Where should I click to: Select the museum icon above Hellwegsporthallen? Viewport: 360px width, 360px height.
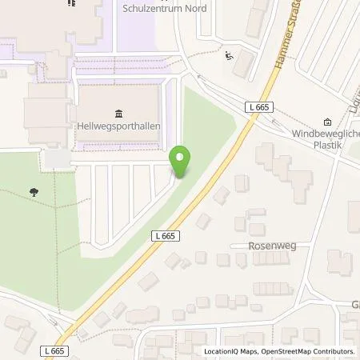tap(118, 112)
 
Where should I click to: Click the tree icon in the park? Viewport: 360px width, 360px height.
tap(34, 192)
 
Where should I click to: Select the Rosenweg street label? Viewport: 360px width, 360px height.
tap(272, 246)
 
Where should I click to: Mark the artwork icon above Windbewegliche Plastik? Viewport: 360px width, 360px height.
tap(328, 122)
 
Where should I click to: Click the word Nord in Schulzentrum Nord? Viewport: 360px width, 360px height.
tap(194, 8)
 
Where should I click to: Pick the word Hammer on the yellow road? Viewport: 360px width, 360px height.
tap(278, 62)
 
